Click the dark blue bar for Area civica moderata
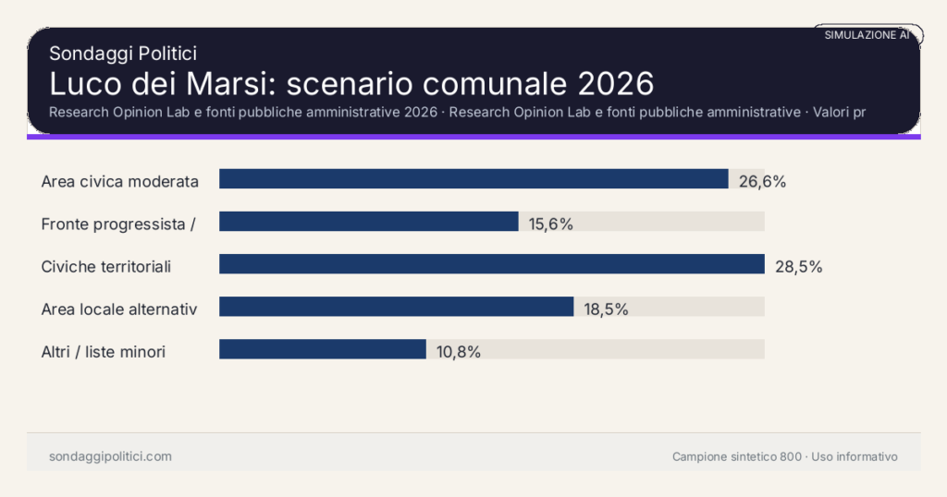click(x=473, y=179)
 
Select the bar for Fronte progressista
click(x=368, y=222)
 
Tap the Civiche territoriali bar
click(x=491, y=264)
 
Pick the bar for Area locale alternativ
click(x=396, y=307)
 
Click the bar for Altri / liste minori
click(x=322, y=349)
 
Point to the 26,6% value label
click(x=762, y=181)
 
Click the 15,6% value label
click(x=551, y=224)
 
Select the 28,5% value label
click(x=798, y=267)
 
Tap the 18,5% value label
click(x=606, y=309)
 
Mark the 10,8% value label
click(x=458, y=352)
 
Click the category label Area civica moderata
click(x=120, y=181)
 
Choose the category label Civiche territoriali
click(x=106, y=267)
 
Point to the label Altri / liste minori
click(x=104, y=352)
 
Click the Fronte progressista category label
click(x=117, y=224)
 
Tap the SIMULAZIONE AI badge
click(x=867, y=35)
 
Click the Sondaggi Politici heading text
click(x=122, y=54)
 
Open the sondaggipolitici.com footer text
click(x=110, y=456)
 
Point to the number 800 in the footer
click(x=791, y=456)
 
